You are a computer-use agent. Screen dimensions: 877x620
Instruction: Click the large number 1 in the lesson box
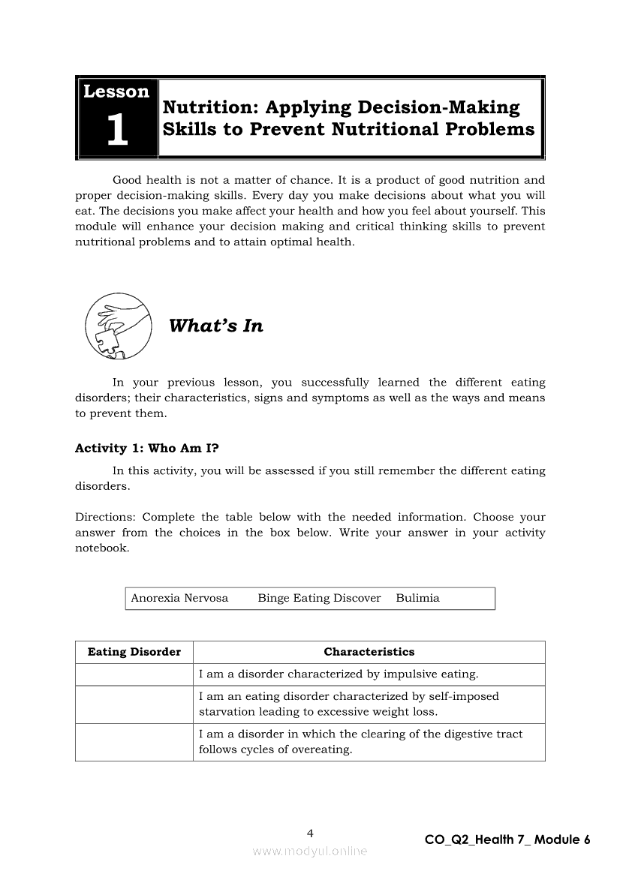(117, 131)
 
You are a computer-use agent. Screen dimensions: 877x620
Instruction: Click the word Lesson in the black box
(116, 92)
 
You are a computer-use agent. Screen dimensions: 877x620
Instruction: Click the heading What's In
(216, 326)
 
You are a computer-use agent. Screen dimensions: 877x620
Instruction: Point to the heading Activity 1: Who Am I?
(147, 448)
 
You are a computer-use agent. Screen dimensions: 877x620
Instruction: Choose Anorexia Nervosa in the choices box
(179, 598)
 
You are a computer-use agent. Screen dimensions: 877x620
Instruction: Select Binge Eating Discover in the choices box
(319, 598)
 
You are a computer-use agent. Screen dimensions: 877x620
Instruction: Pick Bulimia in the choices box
(417, 598)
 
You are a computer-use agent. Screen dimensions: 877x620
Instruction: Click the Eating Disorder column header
(134, 652)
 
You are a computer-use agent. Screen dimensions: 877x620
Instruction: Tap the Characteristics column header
(369, 652)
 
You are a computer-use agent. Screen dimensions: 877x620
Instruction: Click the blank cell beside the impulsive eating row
(134, 674)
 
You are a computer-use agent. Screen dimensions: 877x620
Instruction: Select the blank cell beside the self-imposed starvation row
(134, 704)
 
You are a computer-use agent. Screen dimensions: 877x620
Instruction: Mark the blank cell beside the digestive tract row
(134, 742)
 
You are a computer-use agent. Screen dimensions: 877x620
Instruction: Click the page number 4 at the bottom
(310, 833)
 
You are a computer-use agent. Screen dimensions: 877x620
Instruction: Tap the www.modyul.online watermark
(310, 851)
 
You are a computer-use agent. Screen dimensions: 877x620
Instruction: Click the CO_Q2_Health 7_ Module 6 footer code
(507, 839)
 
